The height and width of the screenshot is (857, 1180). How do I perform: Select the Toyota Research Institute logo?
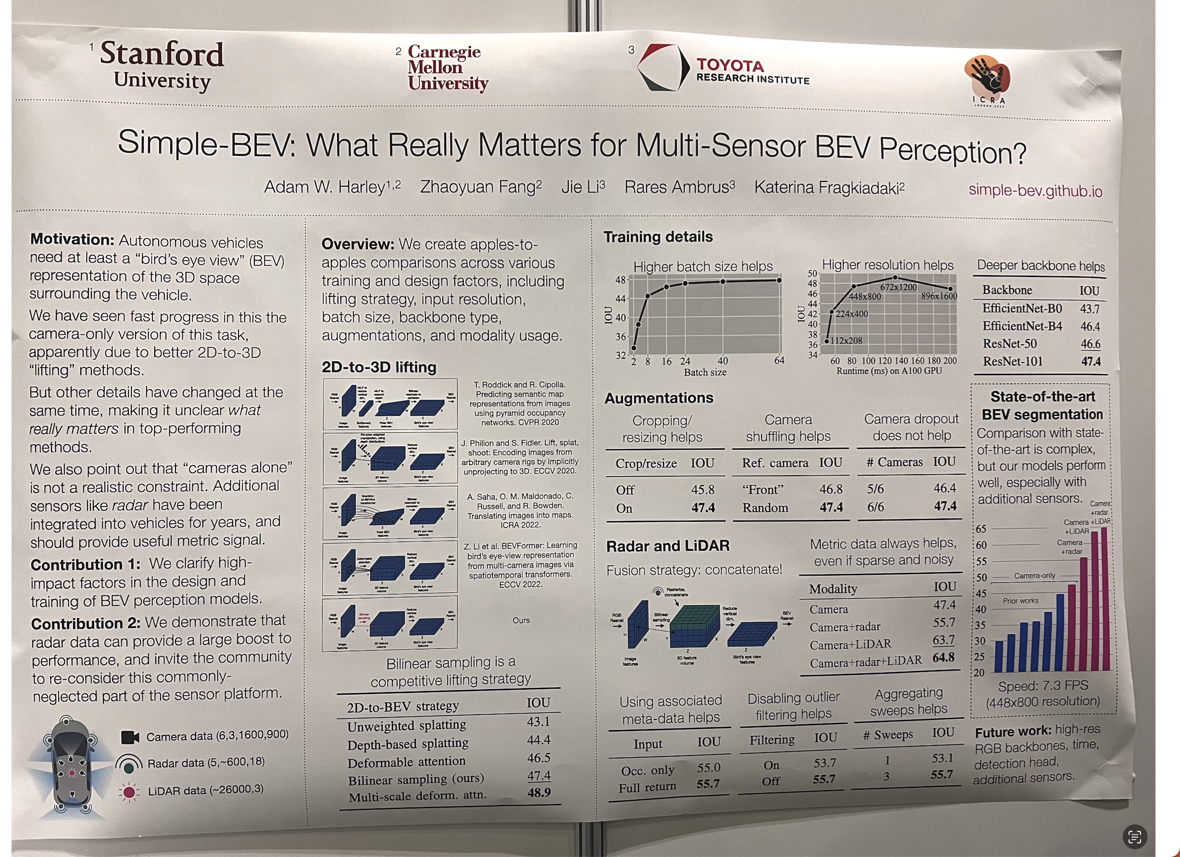tap(723, 68)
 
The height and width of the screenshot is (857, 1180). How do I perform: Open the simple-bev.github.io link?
tap(1035, 191)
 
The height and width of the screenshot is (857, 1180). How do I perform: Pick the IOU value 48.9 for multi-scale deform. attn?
tap(539, 793)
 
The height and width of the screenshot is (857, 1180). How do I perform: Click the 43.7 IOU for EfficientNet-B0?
tap(1090, 309)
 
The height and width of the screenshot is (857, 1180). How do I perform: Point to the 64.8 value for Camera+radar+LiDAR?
tap(943, 657)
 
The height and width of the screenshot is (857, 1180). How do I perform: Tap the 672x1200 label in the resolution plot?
tap(899, 287)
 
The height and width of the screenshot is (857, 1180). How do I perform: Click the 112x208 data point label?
tap(846, 340)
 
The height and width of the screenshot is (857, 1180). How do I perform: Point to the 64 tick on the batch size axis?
tap(779, 361)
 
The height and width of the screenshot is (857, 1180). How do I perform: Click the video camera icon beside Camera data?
tap(130, 737)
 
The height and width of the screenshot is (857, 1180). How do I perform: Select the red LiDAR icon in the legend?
tap(129, 792)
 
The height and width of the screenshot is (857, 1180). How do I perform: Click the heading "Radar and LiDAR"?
tap(667, 546)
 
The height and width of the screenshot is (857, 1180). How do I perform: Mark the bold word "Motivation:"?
tap(72, 239)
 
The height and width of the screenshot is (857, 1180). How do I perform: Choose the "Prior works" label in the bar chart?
tap(1020, 601)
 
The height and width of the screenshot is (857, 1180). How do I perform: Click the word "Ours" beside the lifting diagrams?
tap(521, 620)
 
